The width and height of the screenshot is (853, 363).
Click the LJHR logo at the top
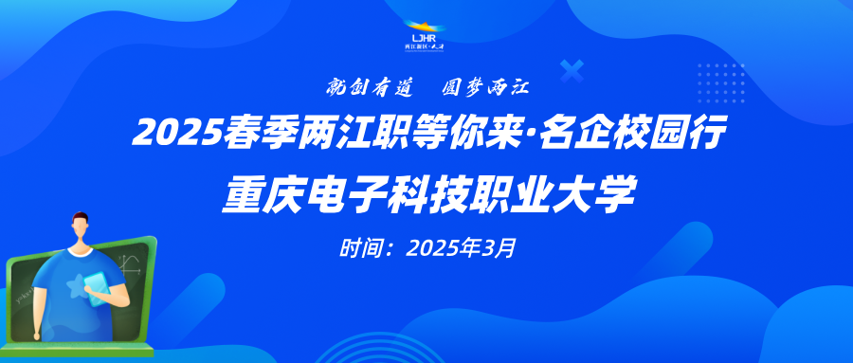tap(425, 36)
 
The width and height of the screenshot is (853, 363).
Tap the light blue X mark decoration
tap(572, 71)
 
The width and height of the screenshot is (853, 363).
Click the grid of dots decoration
tap(721, 82)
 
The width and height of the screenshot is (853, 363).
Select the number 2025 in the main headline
tap(177, 134)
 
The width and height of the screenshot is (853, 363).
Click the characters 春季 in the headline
tap(259, 134)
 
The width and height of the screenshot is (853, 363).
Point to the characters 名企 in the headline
tap(576, 134)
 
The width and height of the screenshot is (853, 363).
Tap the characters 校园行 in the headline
tap(668, 134)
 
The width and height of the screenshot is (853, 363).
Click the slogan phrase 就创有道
tap(370, 87)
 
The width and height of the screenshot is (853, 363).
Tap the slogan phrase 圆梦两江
tap(485, 87)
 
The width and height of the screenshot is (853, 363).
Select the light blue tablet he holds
tap(97, 289)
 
